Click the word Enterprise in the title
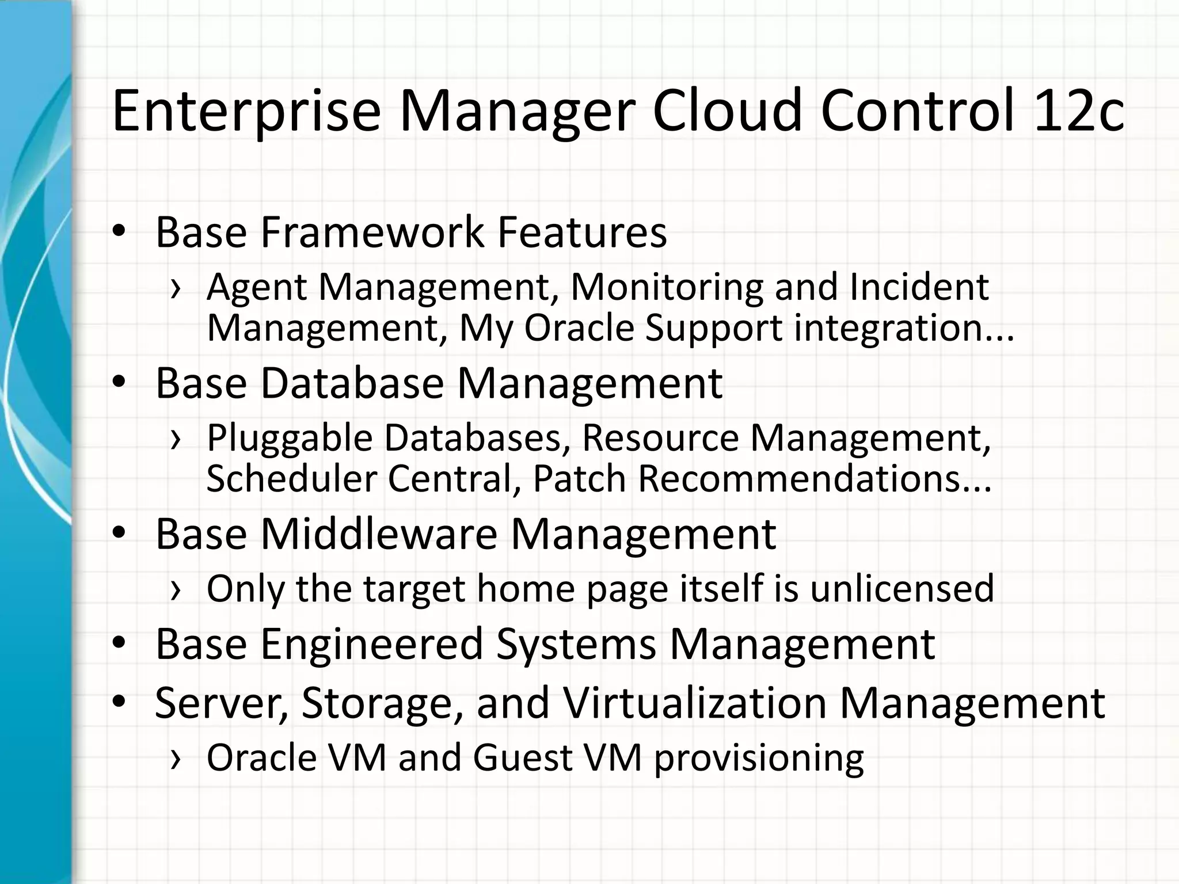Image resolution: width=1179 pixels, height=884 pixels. coord(246,110)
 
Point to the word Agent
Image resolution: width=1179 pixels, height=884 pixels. coord(256,287)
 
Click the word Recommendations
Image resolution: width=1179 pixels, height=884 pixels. coord(815,479)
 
